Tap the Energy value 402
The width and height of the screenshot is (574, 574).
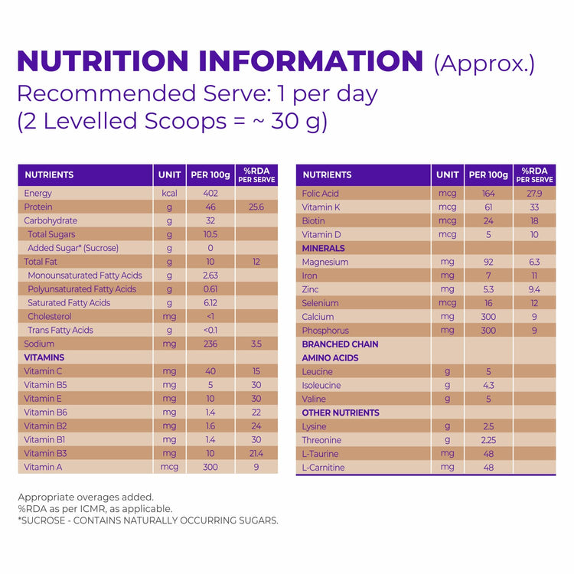[210, 194]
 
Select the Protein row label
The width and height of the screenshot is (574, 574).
[38, 207]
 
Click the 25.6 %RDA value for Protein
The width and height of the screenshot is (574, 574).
[256, 207]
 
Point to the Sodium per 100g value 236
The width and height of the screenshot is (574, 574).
[210, 344]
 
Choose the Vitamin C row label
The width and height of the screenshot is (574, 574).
[43, 371]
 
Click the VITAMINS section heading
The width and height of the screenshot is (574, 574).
[44, 357]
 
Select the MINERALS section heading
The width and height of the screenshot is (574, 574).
[324, 248]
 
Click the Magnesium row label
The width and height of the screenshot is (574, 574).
[325, 262]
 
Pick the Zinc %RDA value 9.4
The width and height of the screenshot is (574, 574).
[534, 289]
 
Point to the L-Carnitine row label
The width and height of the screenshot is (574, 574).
[324, 468]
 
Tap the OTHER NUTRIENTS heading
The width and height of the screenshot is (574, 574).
[341, 413]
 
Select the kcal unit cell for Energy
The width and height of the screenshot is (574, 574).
[169, 194]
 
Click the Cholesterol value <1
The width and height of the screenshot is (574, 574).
[210, 317]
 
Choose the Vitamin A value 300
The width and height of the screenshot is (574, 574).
[210, 467]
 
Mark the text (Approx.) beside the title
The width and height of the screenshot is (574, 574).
[484, 64]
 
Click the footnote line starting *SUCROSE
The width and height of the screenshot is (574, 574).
[148, 520]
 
